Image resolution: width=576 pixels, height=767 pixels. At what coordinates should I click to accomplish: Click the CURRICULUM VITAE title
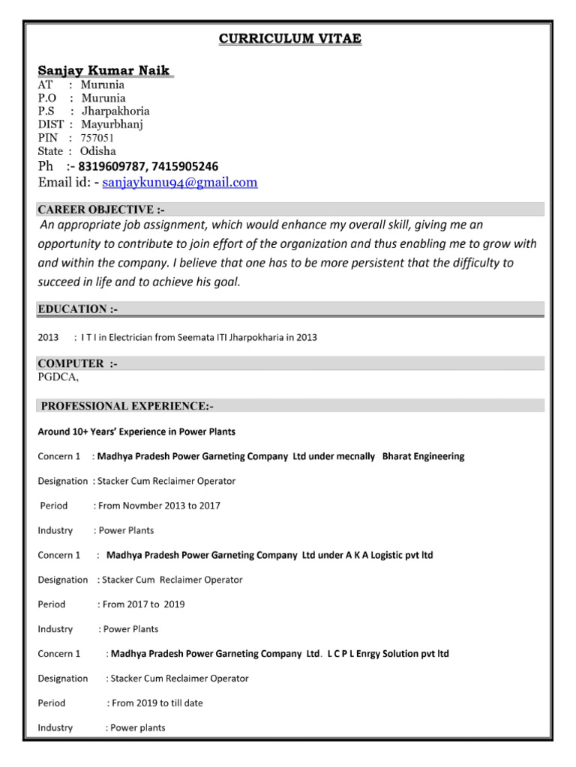(290, 39)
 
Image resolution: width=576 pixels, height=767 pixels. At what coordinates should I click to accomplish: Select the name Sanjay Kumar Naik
(105, 70)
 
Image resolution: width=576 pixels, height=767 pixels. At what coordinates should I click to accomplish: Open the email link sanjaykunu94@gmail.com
(180, 182)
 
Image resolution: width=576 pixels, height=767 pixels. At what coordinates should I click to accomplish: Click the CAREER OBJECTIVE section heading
(96, 210)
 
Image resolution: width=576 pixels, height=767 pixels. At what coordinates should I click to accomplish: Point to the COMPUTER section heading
(78, 363)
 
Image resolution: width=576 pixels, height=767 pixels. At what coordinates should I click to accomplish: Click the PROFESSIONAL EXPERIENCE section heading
(127, 406)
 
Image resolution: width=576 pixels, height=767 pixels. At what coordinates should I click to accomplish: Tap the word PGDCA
(58, 377)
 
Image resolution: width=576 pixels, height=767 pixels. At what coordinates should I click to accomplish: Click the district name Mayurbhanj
(111, 124)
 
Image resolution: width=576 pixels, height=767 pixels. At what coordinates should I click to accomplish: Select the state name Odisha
(100, 151)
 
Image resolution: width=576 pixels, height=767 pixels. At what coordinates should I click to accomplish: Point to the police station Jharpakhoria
(115, 111)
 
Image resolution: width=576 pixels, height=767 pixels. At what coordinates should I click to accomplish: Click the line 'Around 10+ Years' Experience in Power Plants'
(136, 431)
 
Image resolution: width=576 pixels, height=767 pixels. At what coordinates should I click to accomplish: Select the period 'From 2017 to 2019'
(143, 604)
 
